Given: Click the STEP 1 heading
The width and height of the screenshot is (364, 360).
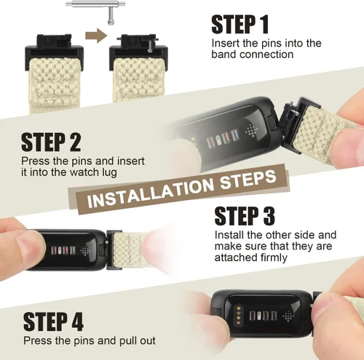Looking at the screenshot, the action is [240, 24].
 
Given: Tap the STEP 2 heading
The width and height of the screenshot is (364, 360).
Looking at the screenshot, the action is [51, 143].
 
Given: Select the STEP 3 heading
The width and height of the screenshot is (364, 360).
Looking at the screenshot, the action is [245, 216].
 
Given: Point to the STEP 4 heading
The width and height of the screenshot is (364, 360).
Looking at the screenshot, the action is [53, 321].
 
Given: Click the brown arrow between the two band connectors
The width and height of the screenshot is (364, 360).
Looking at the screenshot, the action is [96, 36].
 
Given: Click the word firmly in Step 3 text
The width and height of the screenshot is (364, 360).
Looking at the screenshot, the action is [274, 257].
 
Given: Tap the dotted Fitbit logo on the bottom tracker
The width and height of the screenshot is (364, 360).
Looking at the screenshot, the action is [289, 316].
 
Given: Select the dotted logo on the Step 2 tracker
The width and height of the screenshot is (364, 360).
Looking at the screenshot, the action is [250, 130].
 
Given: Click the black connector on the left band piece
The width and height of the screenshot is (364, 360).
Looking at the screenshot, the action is [55, 52].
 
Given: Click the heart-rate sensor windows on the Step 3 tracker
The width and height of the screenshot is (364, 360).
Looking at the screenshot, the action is [63, 250].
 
